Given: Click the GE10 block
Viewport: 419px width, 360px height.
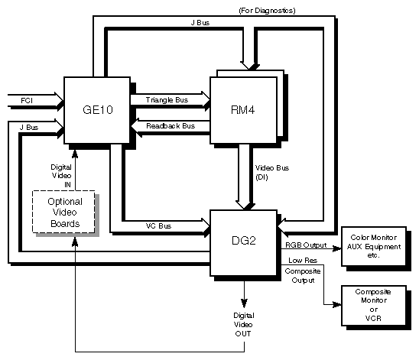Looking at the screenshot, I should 96,109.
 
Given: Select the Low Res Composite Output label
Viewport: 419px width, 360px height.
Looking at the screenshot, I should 300,271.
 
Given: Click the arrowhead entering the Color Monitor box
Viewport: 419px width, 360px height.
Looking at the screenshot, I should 337,247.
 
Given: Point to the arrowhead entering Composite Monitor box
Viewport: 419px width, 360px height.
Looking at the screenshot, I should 337,304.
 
